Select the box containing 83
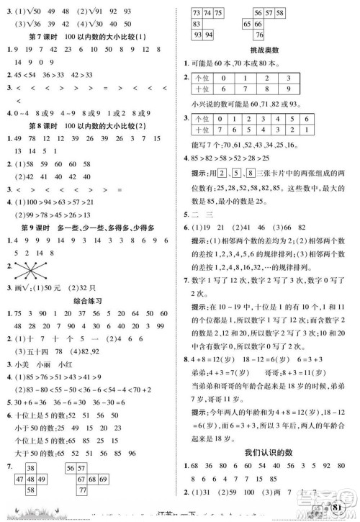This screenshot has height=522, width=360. (x=197, y=24)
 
